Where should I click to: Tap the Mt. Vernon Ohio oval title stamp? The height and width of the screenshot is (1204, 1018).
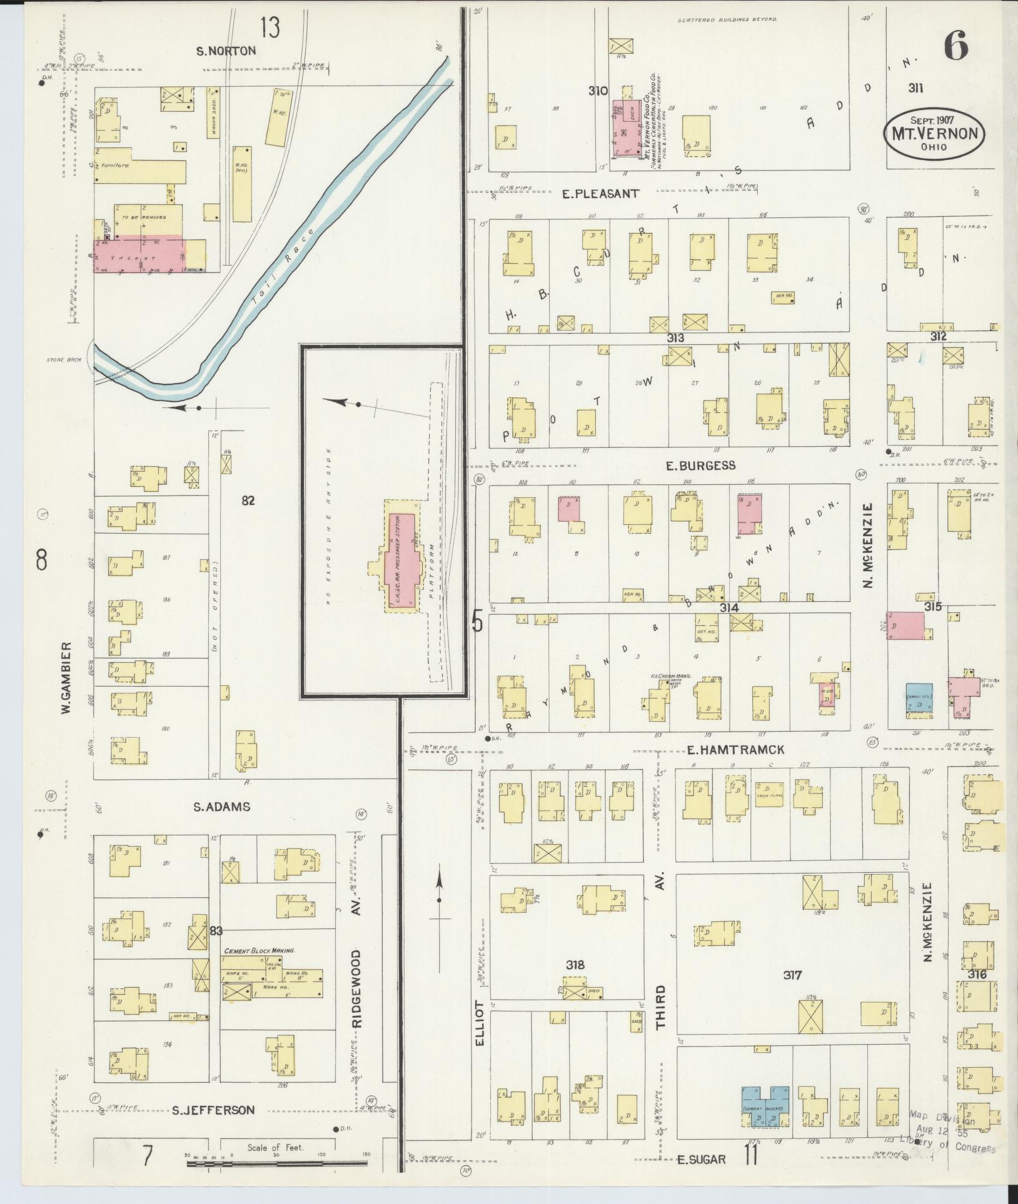pyautogui.click(x=934, y=133)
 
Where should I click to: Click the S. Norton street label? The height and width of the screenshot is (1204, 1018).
pyautogui.click(x=226, y=51)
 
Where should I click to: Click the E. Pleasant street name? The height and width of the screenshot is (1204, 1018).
pyautogui.click(x=600, y=194)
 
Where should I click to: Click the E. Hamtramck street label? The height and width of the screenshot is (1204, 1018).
pyautogui.click(x=735, y=750)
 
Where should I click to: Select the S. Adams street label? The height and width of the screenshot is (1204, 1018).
pyautogui.click(x=221, y=807)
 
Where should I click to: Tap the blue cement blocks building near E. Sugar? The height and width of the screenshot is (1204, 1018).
pyautogui.click(x=765, y=1105)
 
